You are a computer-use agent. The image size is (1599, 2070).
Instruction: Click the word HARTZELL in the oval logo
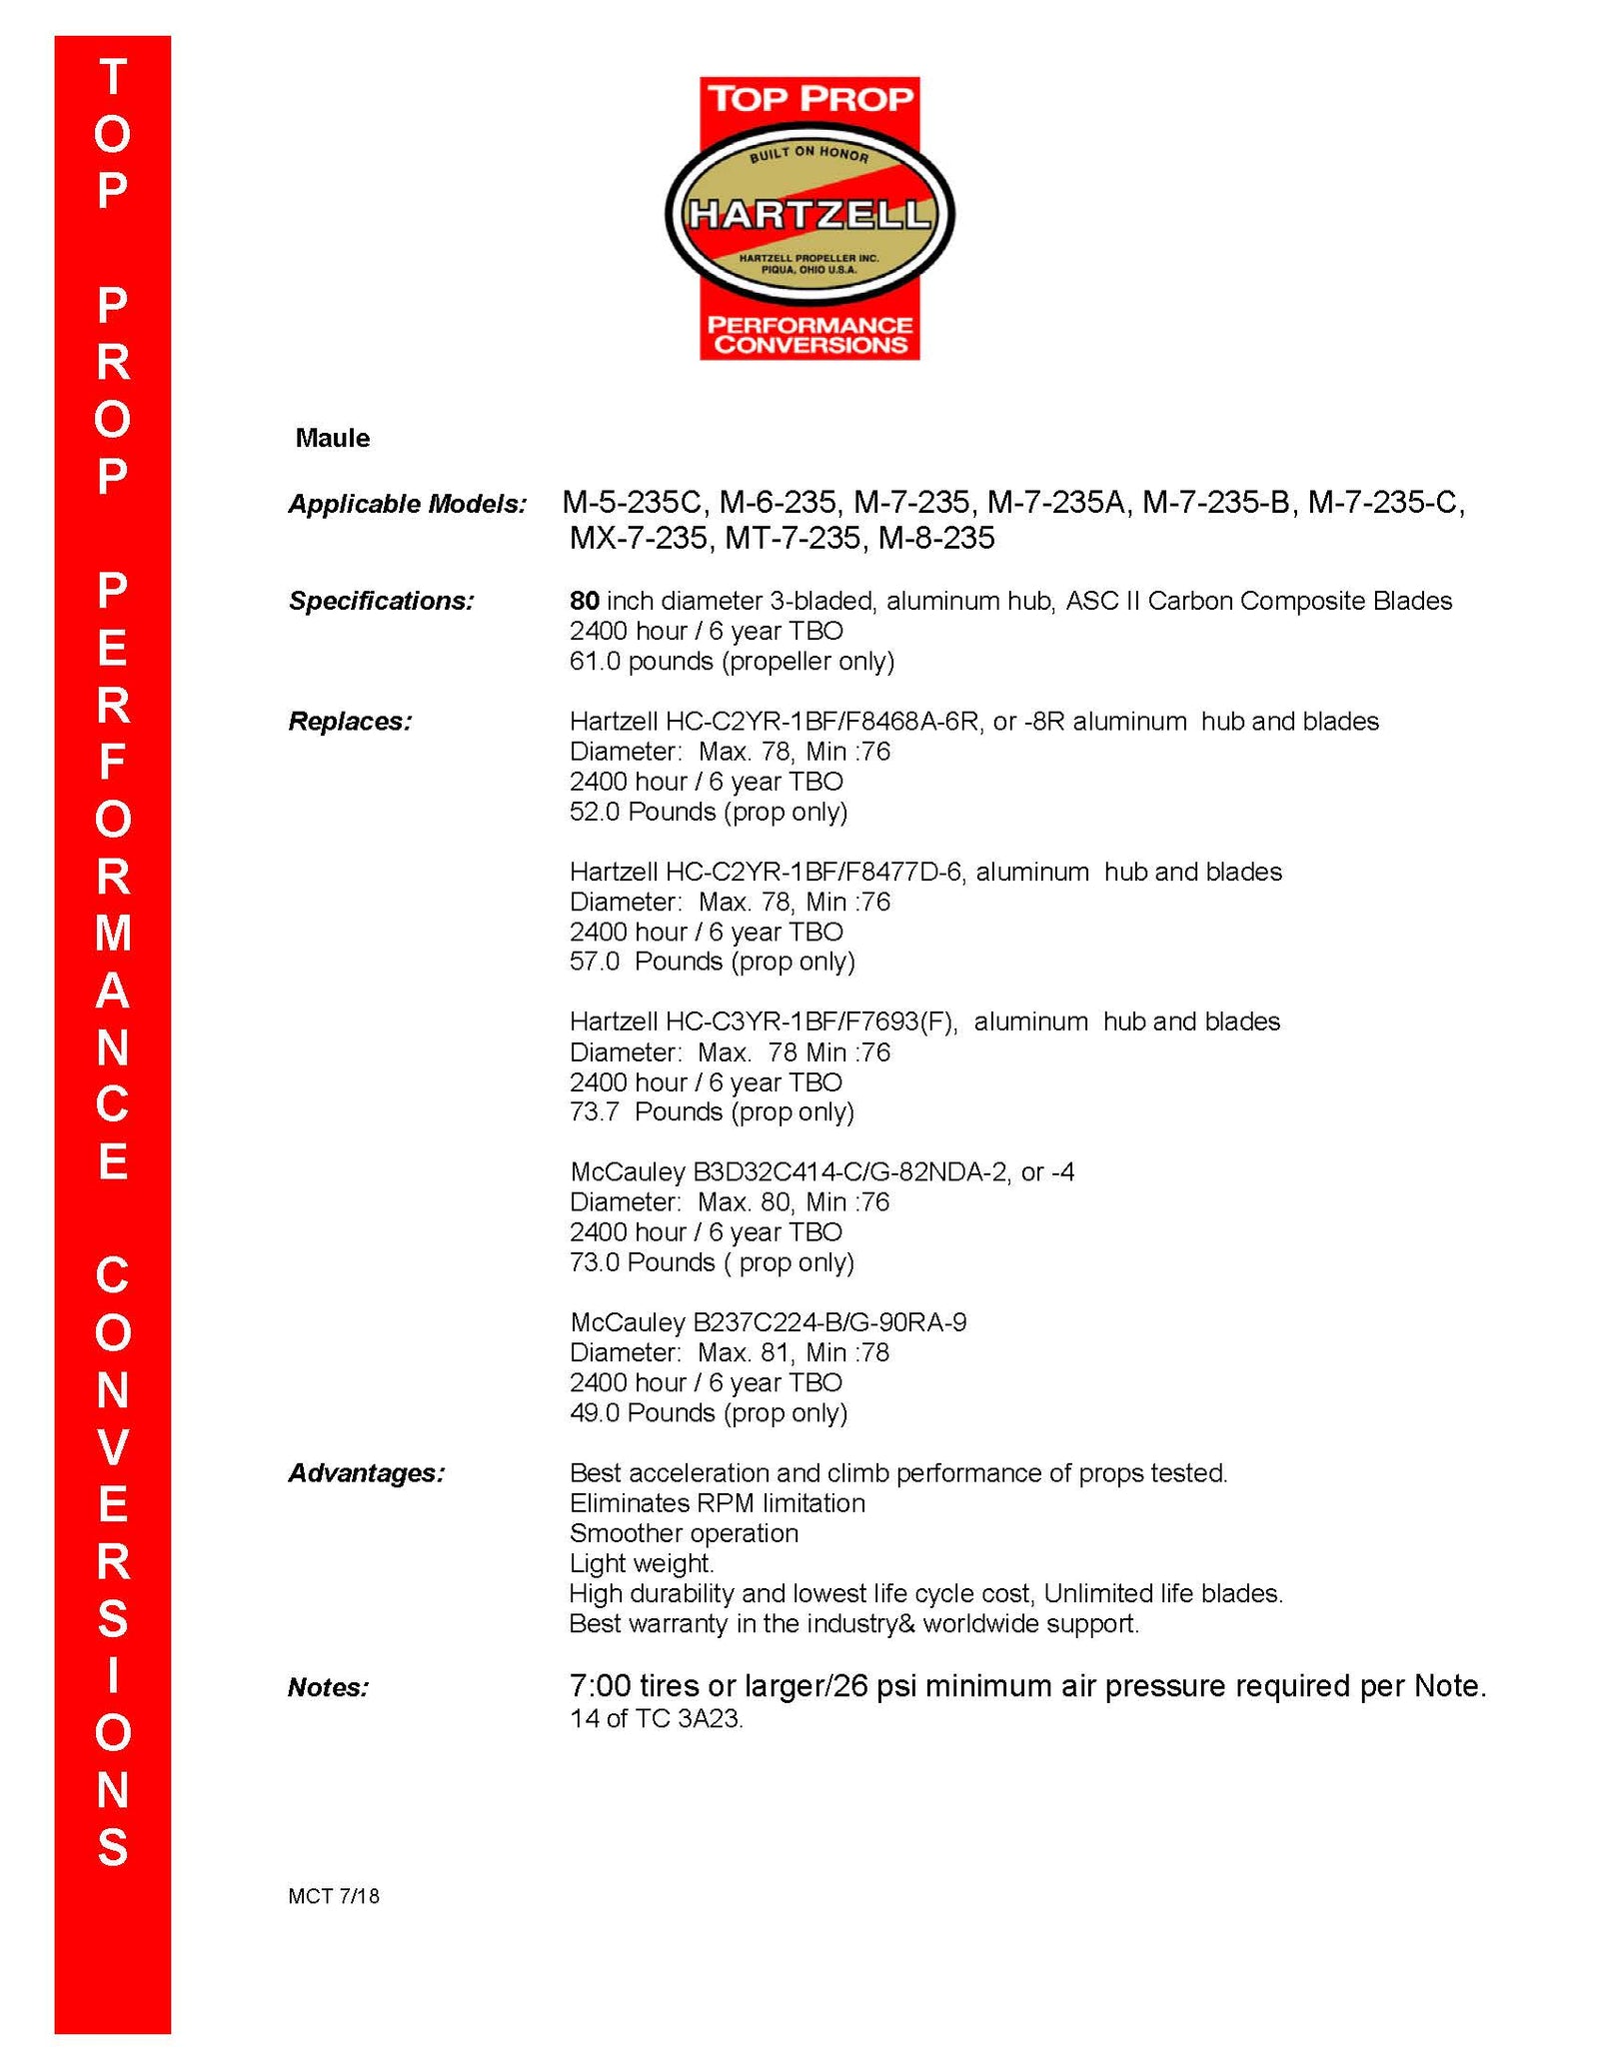[809, 213]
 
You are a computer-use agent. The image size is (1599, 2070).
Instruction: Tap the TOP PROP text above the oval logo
[809, 98]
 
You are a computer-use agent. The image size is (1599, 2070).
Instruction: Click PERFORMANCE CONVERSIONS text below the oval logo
[809, 335]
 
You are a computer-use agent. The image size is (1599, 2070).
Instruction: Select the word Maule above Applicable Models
[332, 438]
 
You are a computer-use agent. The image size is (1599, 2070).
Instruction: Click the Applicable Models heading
[407, 504]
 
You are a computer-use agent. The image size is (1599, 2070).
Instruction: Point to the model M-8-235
[935, 539]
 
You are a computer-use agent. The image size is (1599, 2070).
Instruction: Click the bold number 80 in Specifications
[584, 601]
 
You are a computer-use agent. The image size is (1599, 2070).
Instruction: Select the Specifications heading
[381, 601]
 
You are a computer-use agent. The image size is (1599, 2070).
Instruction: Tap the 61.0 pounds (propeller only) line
[732, 661]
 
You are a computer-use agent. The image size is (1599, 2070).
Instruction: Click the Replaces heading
[350, 721]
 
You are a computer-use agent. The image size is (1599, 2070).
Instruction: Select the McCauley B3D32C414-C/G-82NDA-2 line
[821, 1171]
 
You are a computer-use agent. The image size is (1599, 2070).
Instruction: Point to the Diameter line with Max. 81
[729, 1352]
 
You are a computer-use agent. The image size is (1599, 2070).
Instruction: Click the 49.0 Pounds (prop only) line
[708, 1412]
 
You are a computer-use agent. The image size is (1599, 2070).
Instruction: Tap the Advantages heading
[366, 1472]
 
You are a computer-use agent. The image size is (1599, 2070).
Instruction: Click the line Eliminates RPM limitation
[717, 1502]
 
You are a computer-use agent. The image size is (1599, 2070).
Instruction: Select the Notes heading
[328, 1687]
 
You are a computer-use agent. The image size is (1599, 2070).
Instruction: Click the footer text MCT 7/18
[333, 1896]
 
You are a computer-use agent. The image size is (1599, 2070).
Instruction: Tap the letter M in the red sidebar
[113, 934]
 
